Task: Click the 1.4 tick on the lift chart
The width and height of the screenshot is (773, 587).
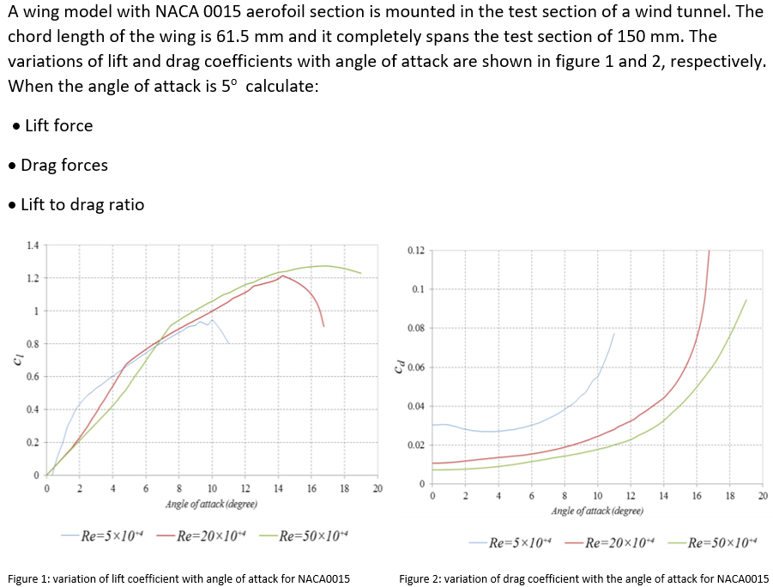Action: (x=33, y=246)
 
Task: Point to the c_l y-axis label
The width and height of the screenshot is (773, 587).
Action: (x=17, y=360)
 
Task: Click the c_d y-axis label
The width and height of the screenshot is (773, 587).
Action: (x=397, y=367)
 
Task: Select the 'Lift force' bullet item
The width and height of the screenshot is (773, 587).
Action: (x=58, y=125)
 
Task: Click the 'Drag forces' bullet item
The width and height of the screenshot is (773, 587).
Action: (x=64, y=165)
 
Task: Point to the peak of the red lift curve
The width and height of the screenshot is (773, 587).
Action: (x=282, y=275)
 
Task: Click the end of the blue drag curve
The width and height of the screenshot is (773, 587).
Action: (x=614, y=333)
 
